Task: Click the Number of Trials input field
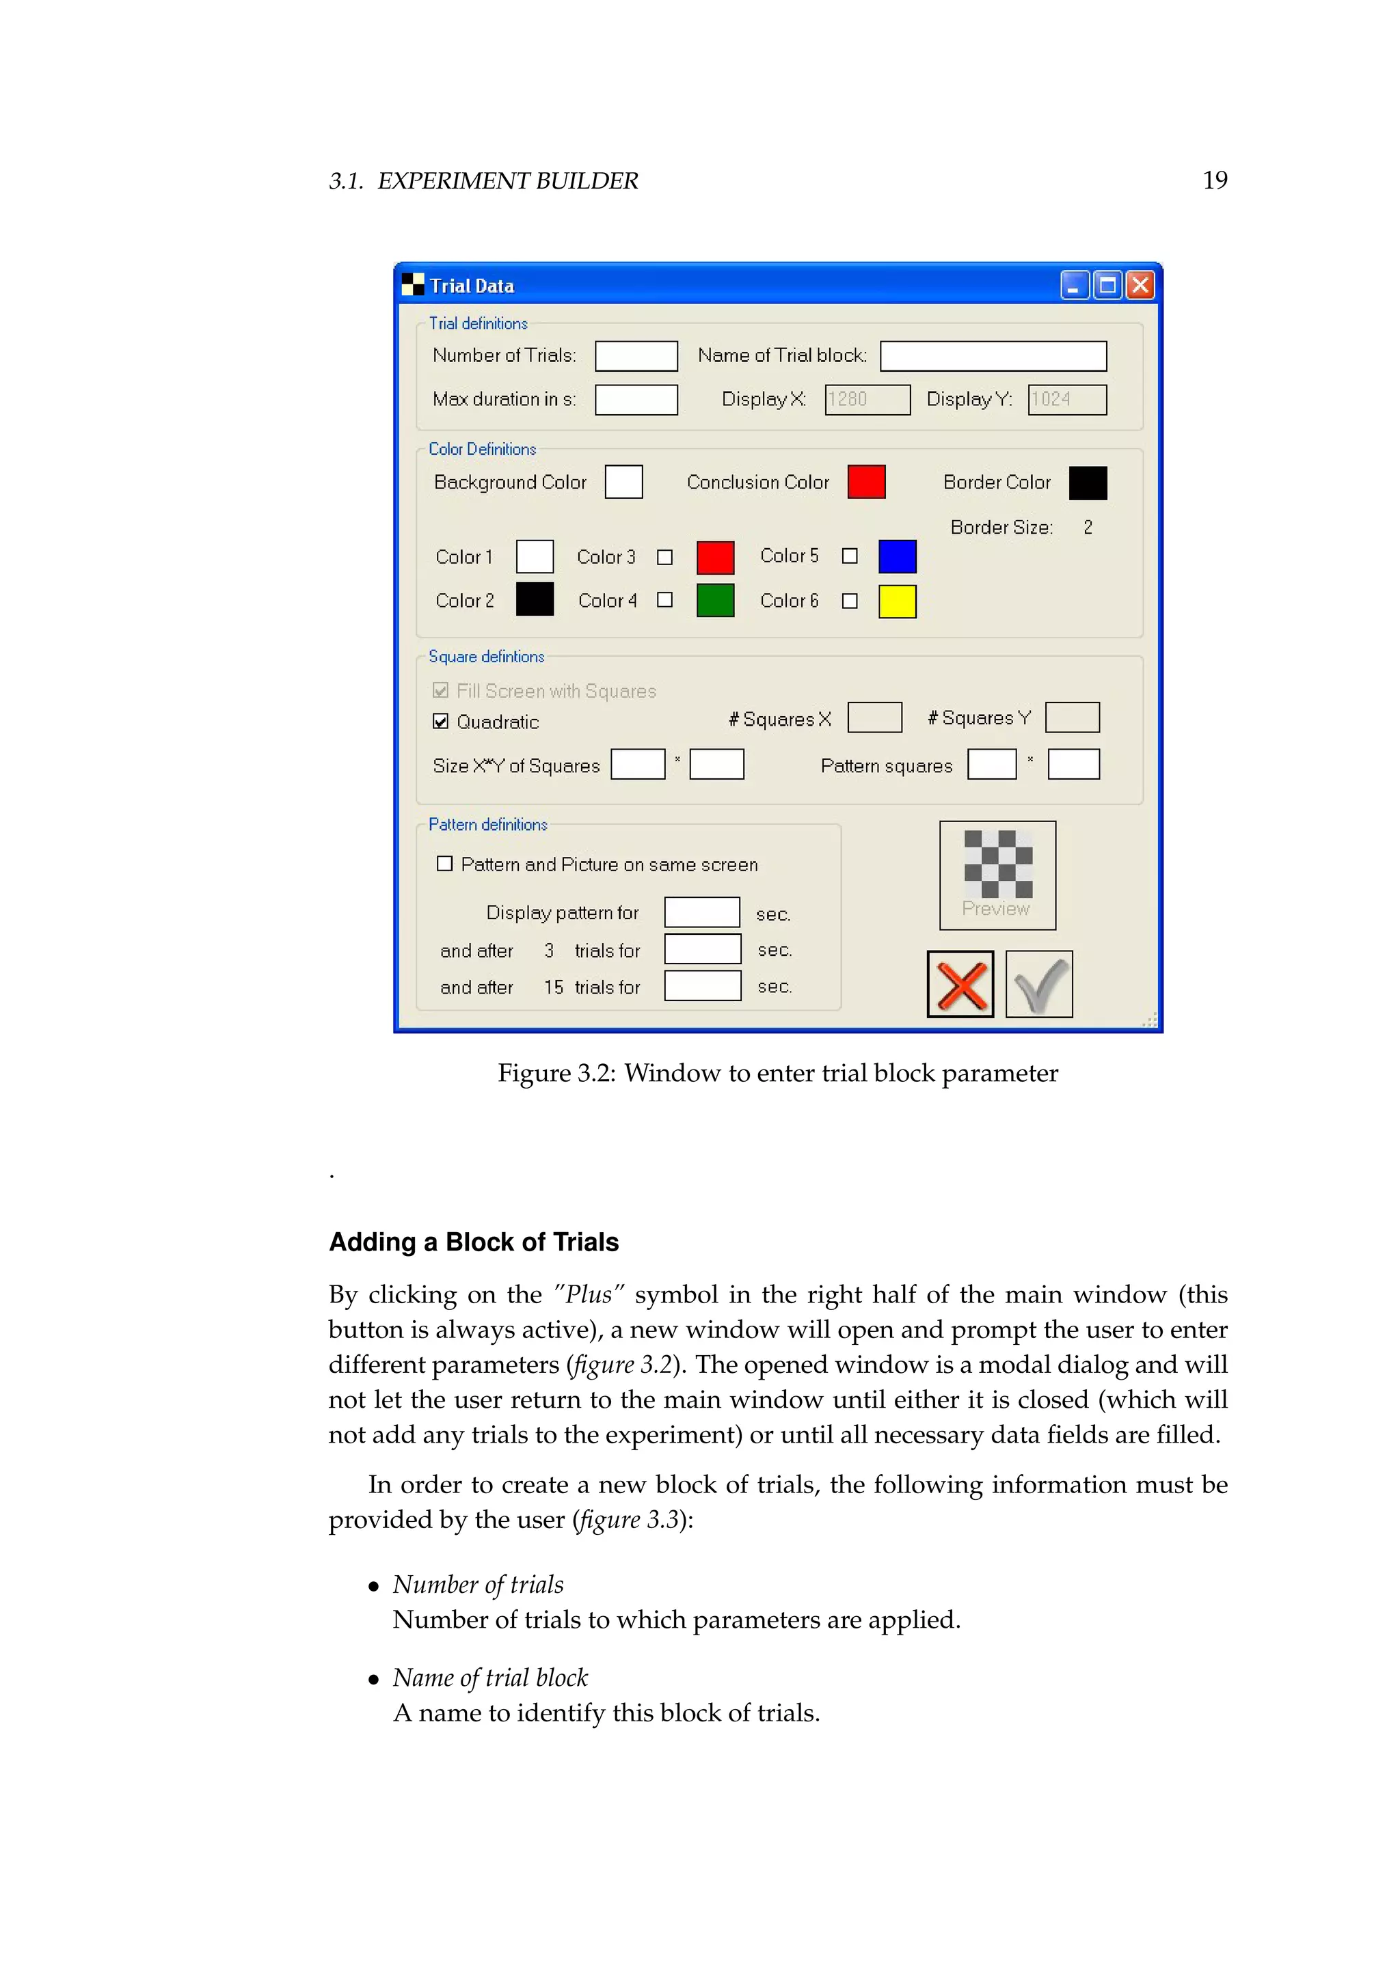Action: click(636, 356)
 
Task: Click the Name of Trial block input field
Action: click(993, 356)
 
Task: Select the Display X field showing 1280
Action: click(866, 399)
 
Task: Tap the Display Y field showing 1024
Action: click(1066, 399)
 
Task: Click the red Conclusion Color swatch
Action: click(866, 482)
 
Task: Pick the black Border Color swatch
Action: click(1087, 482)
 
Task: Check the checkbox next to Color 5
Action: click(850, 556)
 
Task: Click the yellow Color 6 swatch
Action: click(897, 601)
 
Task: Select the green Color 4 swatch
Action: click(714, 601)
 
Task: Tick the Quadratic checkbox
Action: click(440, 722)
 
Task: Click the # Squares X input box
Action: click(874, 717)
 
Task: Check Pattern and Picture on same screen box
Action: click(445, 864)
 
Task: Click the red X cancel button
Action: click(960, 984)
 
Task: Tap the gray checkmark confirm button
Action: click(1039, 984)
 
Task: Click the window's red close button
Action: click(1140, 285)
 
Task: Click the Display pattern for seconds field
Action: click(702, 912)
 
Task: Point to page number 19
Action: click(1214, 180)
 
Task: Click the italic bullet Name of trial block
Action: click(489, 1678)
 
